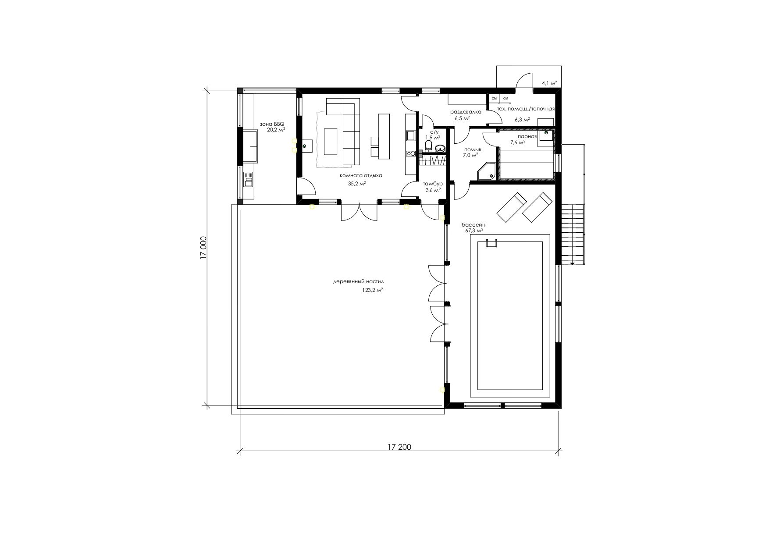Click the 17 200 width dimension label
[x=399, y=447]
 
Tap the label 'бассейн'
[x=474, y=224]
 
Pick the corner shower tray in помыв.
[x=486, y=171]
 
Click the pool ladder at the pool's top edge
[x=491, y=243]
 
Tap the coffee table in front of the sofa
[x=331, y=141]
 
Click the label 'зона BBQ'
[x=272, y=124]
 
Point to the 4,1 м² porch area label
[x=549, y=82]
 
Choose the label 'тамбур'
[x=433, y=184]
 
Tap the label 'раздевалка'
[x=466, y=112]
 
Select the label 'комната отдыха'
[x=361, y=176]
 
